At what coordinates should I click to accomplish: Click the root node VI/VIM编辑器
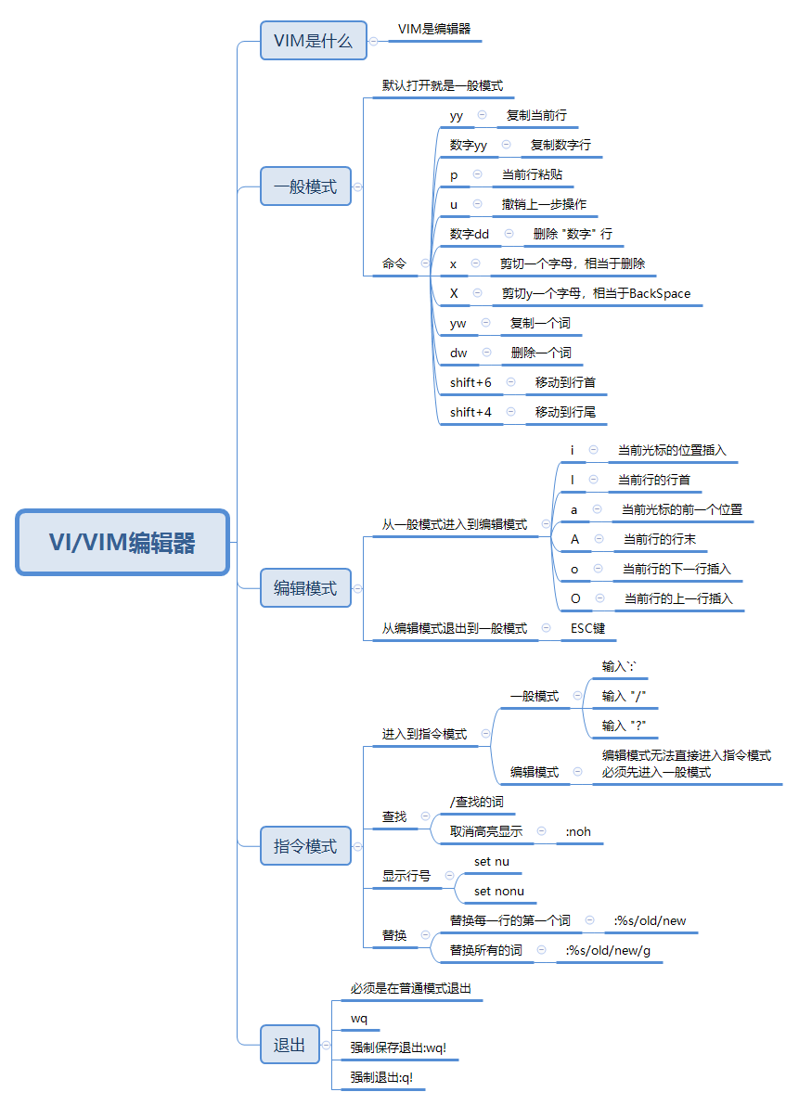pos(122,543)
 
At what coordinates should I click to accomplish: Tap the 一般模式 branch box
pos(305,186)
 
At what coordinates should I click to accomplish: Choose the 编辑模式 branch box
pos(305,588)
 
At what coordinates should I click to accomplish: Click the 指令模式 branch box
pos(305,846)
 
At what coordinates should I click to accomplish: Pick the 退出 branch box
pos(290,1045)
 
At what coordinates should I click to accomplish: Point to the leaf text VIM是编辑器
pos(434,30)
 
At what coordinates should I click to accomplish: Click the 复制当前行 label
pos(536,116)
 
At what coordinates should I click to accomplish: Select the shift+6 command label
pos(470,382)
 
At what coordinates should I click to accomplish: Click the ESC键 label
pos(588,628)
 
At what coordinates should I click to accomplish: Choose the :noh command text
pos(578,831)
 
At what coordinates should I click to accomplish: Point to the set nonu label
pos(499,891)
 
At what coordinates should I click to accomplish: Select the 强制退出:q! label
pos(381,1077)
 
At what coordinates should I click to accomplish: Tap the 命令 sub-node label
pos(394,263)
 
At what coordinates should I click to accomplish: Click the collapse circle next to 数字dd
pos(509,234)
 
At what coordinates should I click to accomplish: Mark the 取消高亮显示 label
pos(486,831)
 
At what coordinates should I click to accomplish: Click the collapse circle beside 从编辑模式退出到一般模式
pos(546,628)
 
